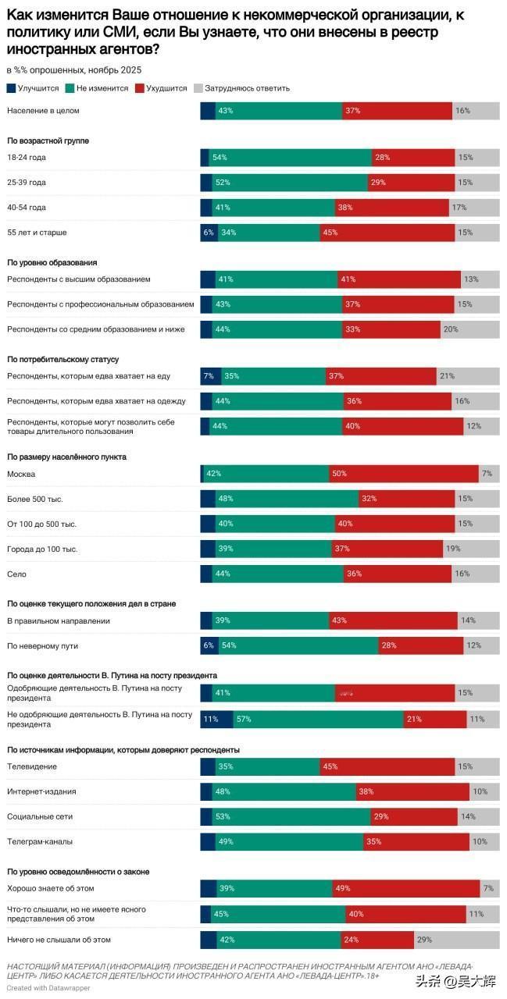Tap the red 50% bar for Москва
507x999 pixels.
click(403, 474)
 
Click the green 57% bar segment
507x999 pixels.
click(318, 719)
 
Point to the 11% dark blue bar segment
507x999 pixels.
click(216, 719)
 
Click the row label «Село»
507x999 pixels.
click(16, 574)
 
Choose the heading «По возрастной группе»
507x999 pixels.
click(48, 140)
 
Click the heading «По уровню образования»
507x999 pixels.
click(52, 262)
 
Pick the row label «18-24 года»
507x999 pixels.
click(27, 158)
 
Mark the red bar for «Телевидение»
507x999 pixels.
click(387, 766)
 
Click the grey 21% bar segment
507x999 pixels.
click(467, 376)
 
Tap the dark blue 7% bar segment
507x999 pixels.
click(210, 376)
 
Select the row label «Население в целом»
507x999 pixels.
click(43, 111)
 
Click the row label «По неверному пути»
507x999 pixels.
click(43, 646)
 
